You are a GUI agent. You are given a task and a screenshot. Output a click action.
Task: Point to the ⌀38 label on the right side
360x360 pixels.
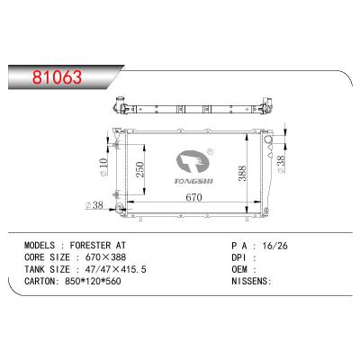282,162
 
